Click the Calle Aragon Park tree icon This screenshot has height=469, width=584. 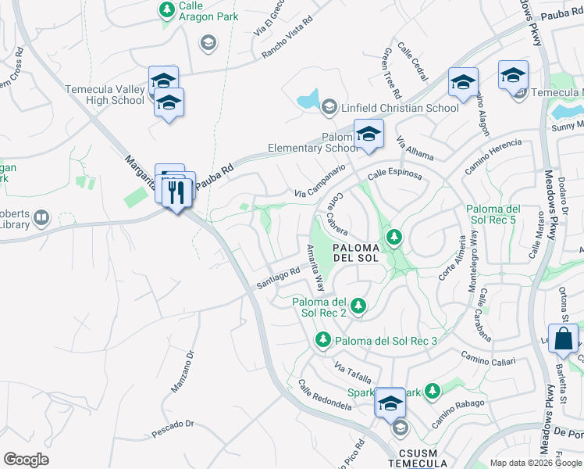coord(166,9)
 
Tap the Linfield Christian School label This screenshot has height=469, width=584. coord(400,108)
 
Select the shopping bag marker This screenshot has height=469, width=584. coord(563,339)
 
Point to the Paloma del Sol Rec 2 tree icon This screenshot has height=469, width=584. coord(358,306)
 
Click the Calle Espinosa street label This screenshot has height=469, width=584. coord(395,176)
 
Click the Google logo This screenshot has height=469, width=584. coord(26,460)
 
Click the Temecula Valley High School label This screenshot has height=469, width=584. coord(105,95)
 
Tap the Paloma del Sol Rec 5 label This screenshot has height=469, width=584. coord(493,215)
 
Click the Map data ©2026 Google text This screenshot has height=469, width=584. coord(535,462)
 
